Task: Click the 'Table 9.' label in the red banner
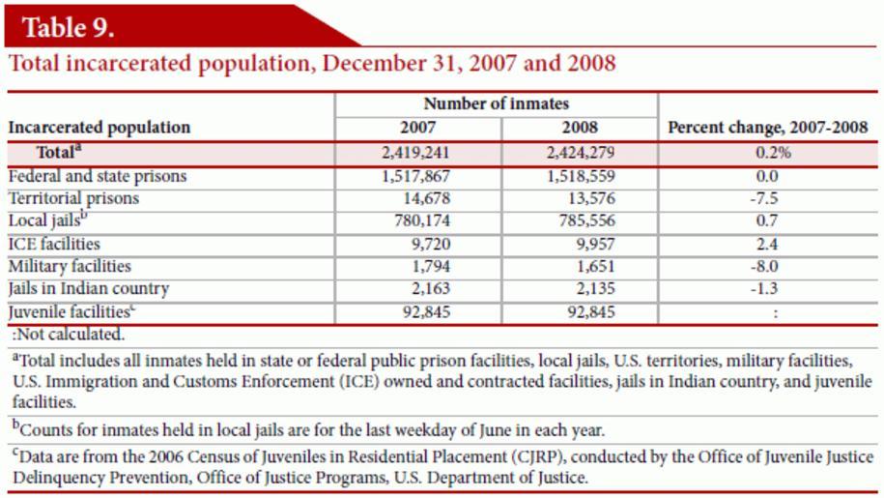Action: click(69, 27)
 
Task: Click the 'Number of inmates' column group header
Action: click(497, 103)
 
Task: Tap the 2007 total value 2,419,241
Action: click(416, 153)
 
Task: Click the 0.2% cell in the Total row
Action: click(769, 153)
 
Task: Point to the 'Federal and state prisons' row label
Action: click(97, 176)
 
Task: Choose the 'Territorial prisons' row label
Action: click(73, 198)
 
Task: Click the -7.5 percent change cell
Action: click(769, 198)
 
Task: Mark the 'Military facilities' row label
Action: click(70, 266)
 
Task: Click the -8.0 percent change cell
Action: click(769, 266)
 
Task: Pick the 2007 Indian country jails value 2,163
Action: click(430, 288)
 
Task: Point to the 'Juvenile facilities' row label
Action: click(69, 311)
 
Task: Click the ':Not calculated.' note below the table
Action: click(69, 335)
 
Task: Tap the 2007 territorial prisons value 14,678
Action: click(426, 198)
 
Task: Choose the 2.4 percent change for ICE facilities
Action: click(769, 244)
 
